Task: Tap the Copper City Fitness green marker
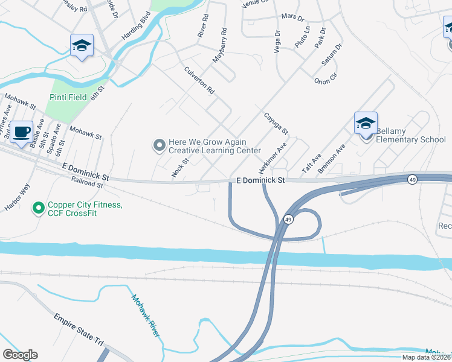tap(38, 209)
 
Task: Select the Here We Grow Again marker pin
tap(159, 145)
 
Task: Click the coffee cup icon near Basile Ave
tap(22, 132)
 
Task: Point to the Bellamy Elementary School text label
tap(410, 135)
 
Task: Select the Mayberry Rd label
tap(219, 45)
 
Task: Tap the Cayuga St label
tap(276, 122)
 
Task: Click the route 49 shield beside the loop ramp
tap(288, 220)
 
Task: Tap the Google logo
tap(20, 355)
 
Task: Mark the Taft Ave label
tap(312, 162)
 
